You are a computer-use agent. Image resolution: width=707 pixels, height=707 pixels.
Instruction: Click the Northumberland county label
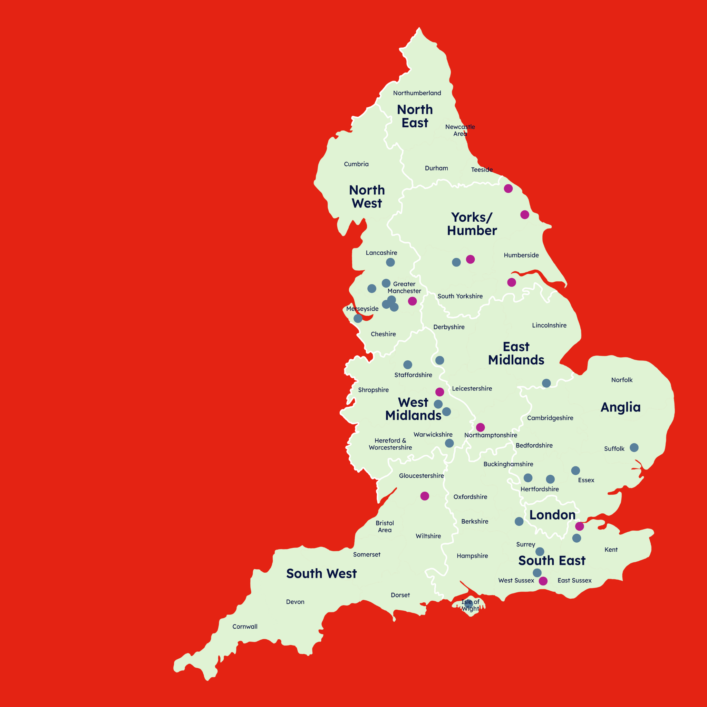click(x=417, y=93)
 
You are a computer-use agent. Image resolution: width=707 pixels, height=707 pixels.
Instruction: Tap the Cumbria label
click(x=356, y=164)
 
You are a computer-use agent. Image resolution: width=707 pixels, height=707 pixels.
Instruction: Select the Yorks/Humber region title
click(x=472, y=224)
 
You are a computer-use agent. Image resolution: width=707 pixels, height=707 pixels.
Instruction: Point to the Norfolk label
click(x=622, y=380)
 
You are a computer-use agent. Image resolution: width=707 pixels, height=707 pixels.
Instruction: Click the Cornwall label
click(x=245, y=627)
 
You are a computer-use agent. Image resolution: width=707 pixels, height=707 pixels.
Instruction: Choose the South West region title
click(x=321, y=573)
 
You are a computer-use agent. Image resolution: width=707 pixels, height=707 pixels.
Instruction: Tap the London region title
click(x=552, y=515)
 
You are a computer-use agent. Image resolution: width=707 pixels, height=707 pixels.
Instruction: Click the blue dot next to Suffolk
click(x=634, y=447)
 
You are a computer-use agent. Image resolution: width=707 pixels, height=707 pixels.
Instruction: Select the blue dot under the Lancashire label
click(x=390, y=262)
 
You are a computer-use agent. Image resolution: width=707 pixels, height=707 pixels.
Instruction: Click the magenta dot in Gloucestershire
click(x=425, y=496)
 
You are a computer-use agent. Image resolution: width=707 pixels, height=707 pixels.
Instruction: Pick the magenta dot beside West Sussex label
click(x=543, y=581)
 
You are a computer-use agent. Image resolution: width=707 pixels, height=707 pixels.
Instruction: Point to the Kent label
click(x=611, y=550)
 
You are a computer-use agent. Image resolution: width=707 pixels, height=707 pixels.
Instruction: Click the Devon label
click(x=295, y=602)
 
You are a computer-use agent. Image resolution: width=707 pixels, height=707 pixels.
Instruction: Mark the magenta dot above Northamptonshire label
click(x=481, y=427)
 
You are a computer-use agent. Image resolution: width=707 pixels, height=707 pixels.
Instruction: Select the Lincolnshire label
click(x=549, y=325)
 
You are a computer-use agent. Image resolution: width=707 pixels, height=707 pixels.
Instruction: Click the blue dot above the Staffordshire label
click(x=408, y=365)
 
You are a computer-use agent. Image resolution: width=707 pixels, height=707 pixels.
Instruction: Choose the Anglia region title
click(x=620, y=407)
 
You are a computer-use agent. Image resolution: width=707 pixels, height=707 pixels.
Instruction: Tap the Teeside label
click(x=482, y=170)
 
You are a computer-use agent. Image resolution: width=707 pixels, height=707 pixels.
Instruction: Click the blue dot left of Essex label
click(x=575, y=471)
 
